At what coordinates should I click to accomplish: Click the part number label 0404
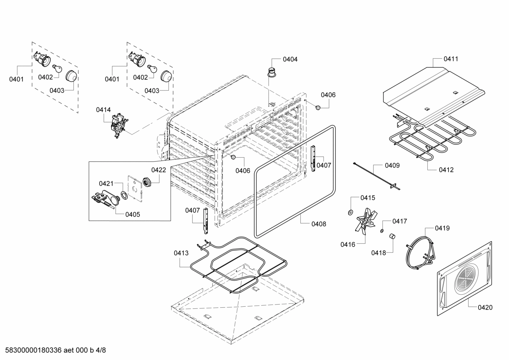click(x=290, y=59)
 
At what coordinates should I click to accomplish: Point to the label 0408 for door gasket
click(x=318, y=224)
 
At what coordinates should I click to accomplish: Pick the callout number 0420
click(x=485, y=307)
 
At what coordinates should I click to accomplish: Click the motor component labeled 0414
click(x=118, y=126)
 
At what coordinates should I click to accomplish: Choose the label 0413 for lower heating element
click(x=181, y=253)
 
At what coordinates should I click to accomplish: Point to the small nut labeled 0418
click(x=392, y=236)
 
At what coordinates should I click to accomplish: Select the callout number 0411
click(x=451, y=59)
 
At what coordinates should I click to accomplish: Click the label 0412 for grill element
click(x=446, y=170)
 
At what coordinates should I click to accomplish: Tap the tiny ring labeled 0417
click(x=382, y=231)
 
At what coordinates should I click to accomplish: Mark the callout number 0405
click(x=132, y=214)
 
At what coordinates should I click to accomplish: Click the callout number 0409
click(x=392, y=165)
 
